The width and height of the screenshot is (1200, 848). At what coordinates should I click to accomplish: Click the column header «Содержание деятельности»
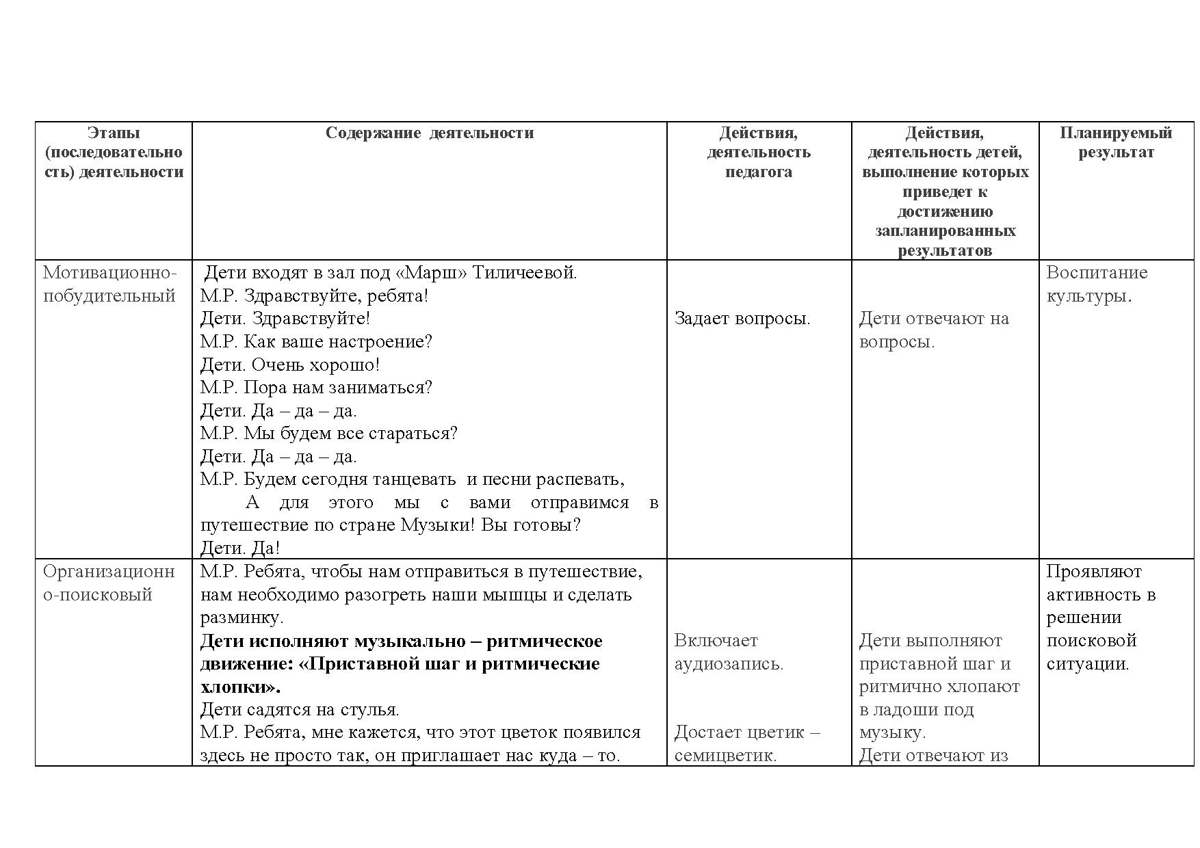[x=429, y=133]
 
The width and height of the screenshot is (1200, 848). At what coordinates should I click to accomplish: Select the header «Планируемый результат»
[x=1116, y=142]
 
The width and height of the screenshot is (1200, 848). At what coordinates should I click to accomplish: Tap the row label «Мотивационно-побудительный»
[x=109, y=284]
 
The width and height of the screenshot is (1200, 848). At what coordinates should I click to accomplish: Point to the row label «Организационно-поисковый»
[x=109, y=583]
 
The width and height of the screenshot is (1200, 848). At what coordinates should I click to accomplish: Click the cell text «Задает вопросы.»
[x=742, y=318]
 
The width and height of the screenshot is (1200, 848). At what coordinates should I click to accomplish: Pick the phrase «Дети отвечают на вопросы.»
[x=933, y=330]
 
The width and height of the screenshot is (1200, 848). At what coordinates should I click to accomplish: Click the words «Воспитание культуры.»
[x=1096, y=284]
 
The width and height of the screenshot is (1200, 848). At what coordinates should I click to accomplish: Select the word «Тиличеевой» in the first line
[x=525, y=273]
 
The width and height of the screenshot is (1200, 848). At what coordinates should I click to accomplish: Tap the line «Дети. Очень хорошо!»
[x=289, y=365]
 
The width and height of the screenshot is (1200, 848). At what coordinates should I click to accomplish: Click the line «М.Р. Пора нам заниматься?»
[x=316, y=388]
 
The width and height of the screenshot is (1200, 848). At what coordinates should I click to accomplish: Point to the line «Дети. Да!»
[x=239, y=548]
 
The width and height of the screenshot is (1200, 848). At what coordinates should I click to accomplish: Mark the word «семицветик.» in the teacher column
[x=725, y=756]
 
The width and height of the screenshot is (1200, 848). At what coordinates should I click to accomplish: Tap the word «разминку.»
[x=242, y=618]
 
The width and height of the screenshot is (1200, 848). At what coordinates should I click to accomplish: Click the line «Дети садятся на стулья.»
[x=299, y=709]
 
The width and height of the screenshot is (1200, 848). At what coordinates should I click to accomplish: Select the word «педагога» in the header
[x=758, y=172]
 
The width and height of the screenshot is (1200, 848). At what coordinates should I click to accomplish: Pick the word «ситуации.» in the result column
[x=1087, y=663]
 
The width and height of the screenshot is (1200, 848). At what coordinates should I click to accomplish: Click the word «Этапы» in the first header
[x=114, y=133]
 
